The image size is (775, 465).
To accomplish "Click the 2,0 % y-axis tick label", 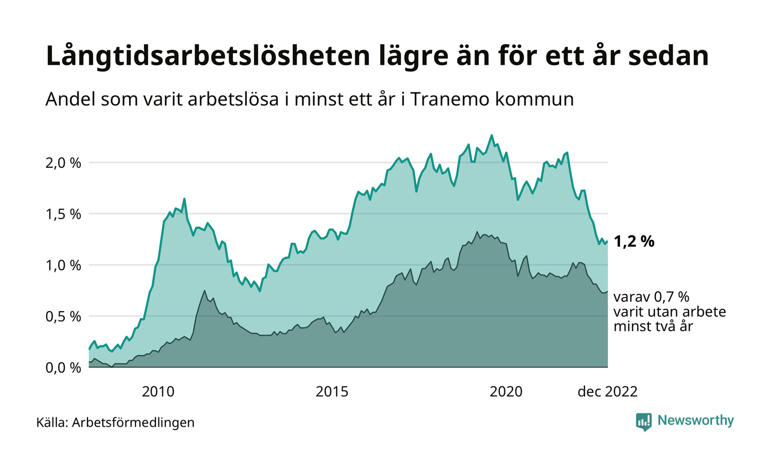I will point(62,163).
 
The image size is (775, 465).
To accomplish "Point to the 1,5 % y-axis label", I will point(62,214).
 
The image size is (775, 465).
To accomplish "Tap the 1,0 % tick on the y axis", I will point(62,265).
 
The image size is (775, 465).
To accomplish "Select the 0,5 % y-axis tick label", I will point(62,317).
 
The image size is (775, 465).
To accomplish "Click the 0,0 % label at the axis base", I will point(62,368).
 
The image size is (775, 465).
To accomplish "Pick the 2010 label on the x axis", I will point(158,392).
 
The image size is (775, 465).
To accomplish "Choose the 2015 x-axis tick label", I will point(332,392).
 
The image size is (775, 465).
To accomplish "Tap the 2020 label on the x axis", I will point(506,392).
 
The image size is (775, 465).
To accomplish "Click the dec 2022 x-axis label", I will point(607,392).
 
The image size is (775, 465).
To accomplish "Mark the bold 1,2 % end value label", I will point(634,241).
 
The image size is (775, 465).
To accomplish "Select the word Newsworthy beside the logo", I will point(695,421).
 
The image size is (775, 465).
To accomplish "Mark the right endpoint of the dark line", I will point(607,292).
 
